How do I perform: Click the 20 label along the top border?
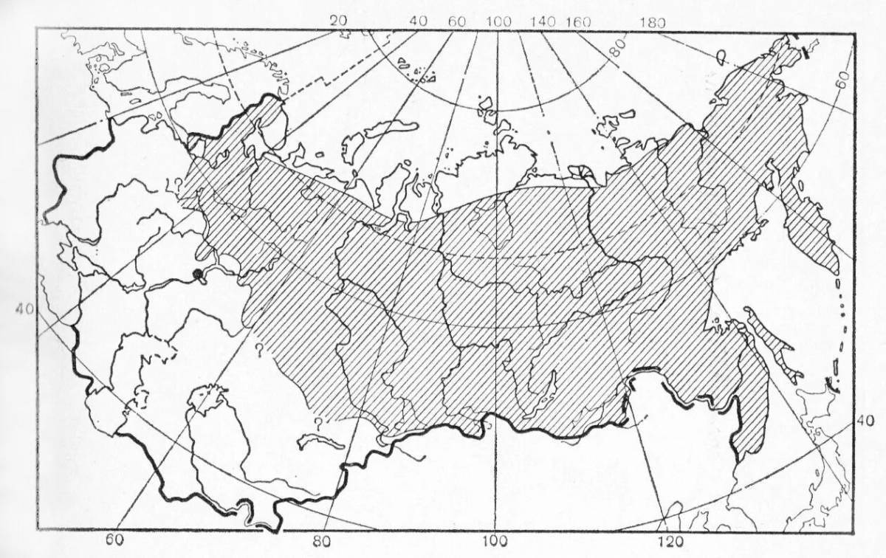pyautogui.click(x=338, y=20)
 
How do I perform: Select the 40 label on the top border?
pyautogui.click(x=418, y=21)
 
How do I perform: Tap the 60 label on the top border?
pyautogui.click(x=456, y=21)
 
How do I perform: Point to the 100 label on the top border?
pyautogui.click(x=498, y=21)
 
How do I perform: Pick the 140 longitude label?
pyautogui.click(x=543, y=21)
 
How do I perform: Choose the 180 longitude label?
pyautogui.click(x=652, y=23)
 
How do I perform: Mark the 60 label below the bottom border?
pyautogui.click(x=114, y=541)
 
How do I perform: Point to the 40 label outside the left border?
pyautogui.click(x=23, y=309)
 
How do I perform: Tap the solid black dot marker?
pyautogui.click(x=197, y=275)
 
